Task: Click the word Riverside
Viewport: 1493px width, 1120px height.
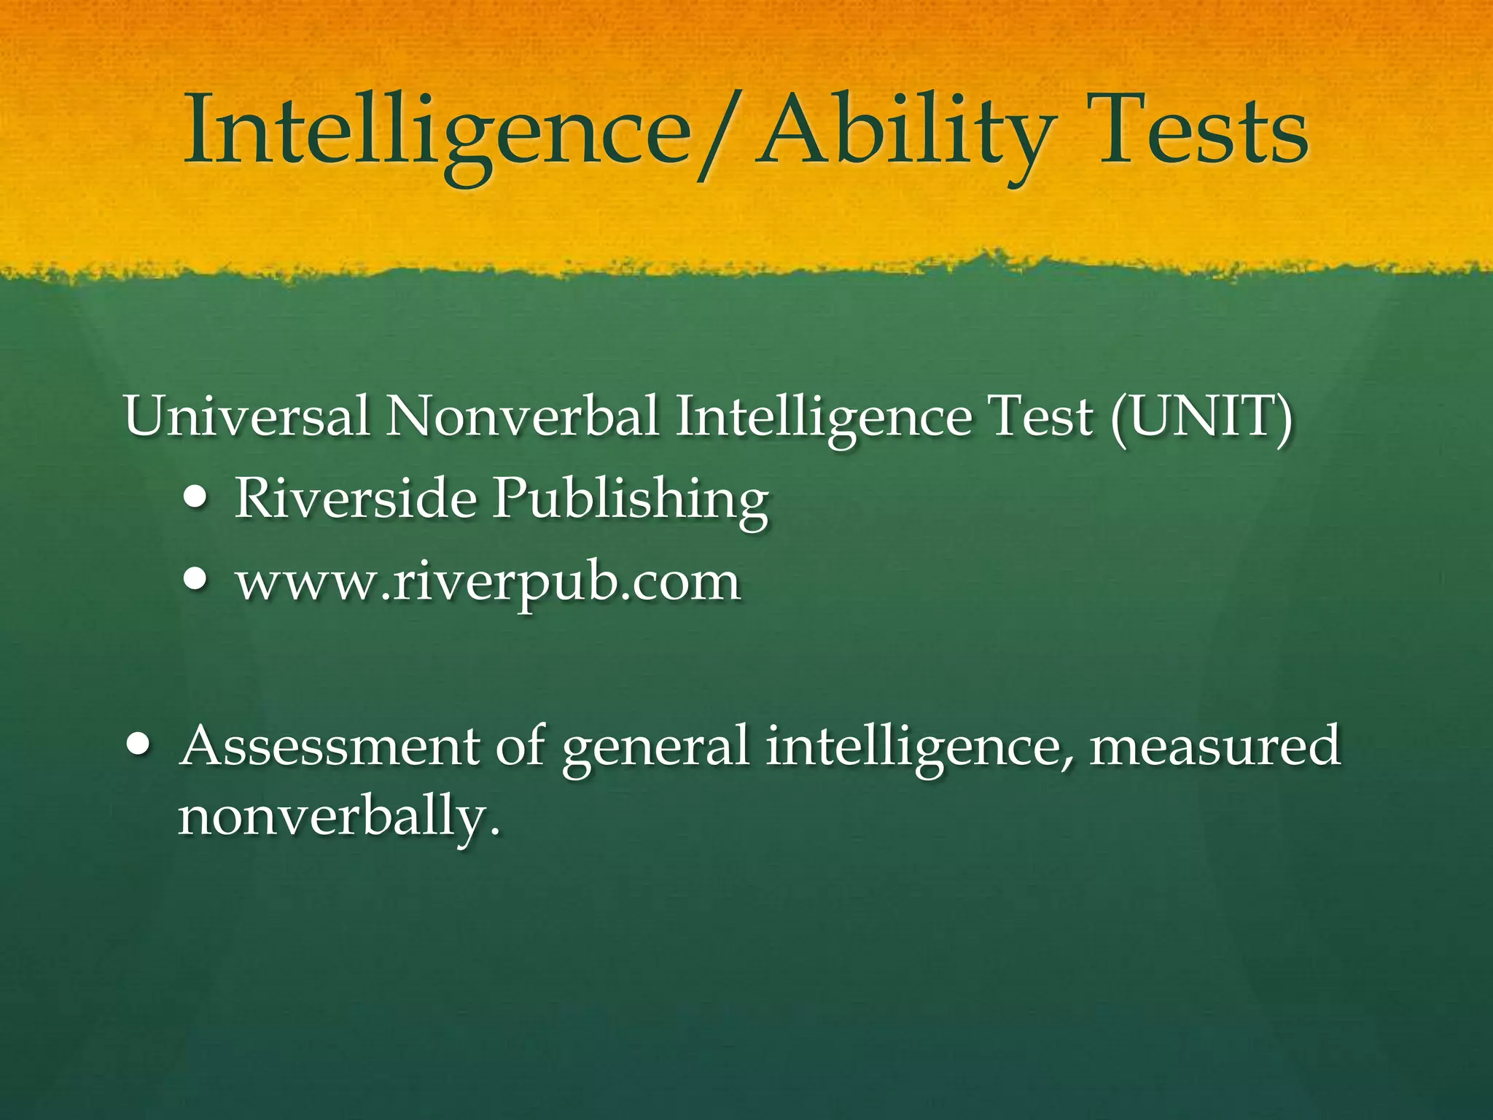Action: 355,499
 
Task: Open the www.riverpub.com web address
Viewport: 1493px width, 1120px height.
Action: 487,583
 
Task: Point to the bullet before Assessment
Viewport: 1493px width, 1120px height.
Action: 139,746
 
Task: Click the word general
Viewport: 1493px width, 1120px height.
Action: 656,747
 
